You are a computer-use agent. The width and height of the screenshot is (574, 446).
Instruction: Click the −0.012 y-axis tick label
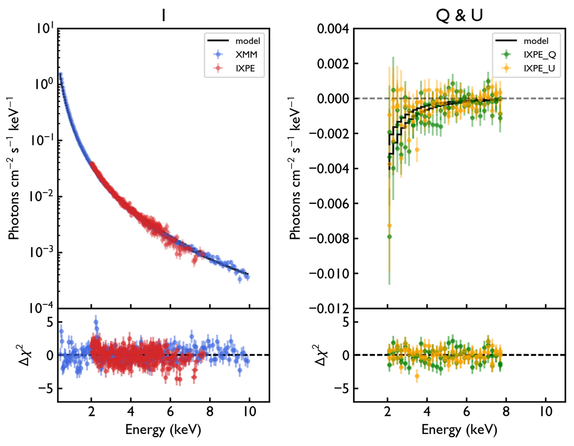click(325, 308)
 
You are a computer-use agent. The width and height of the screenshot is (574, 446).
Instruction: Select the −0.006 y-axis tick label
click(325, 204)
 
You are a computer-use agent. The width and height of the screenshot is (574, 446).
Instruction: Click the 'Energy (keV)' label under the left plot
click(163, 430)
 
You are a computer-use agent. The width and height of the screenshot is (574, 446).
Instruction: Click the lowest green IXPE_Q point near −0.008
click(389, 237)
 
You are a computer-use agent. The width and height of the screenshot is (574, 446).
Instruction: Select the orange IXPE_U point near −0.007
click(389, 226)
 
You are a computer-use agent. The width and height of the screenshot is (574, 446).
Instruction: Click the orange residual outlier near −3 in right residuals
click(417, 376)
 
